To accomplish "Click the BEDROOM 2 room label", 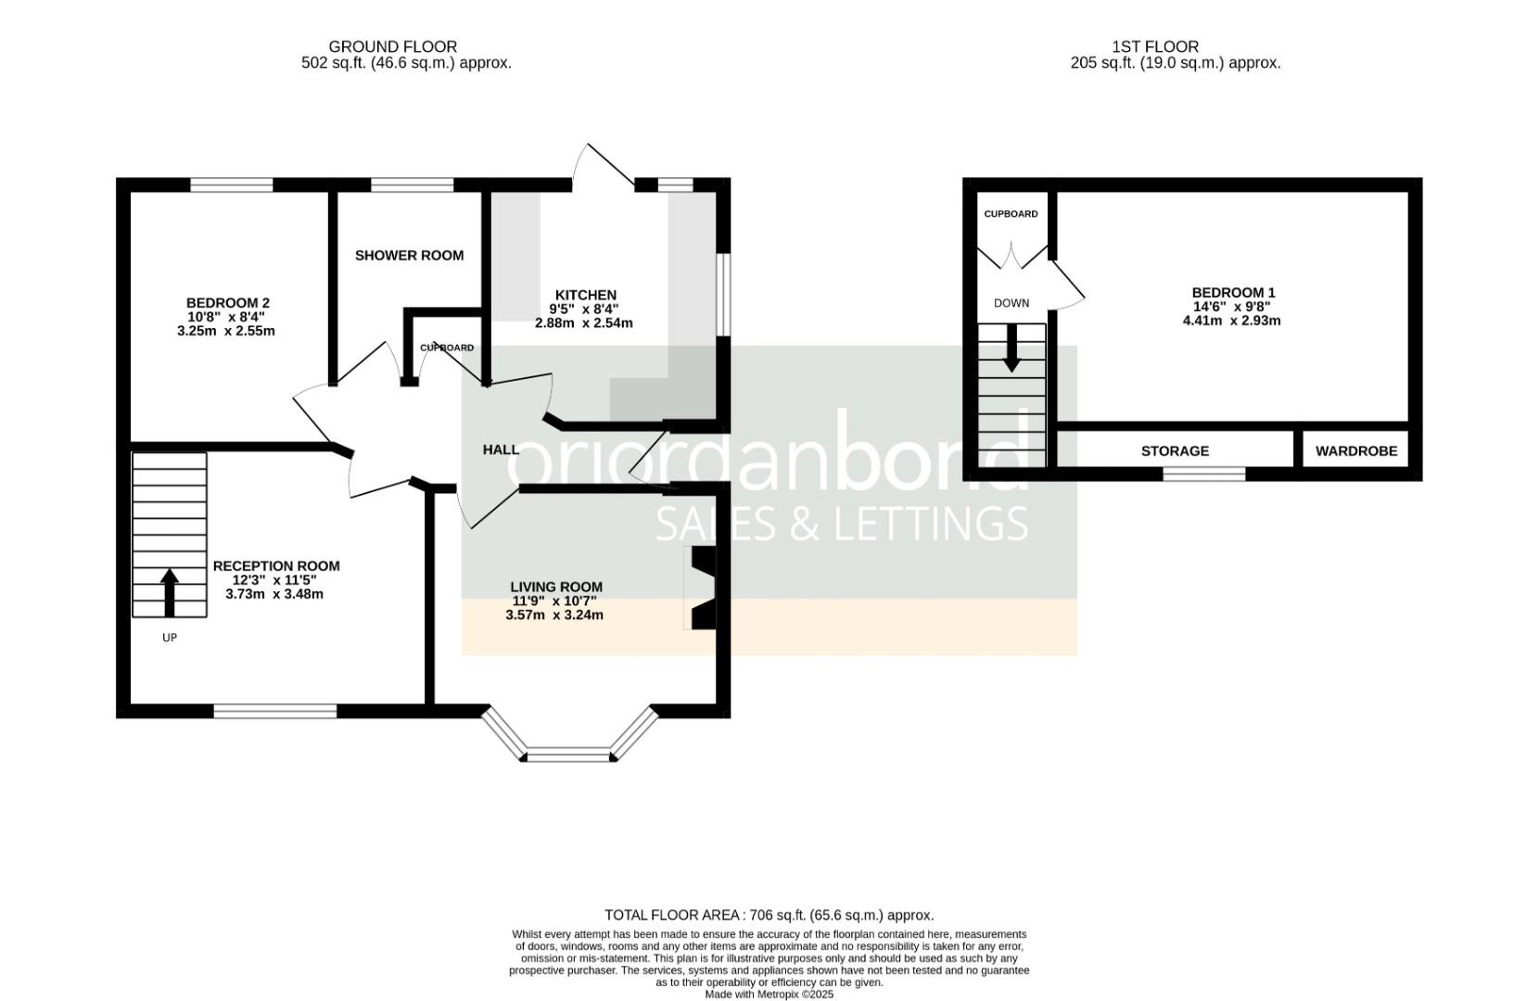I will [x=227, y=303].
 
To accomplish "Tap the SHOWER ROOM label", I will [x=409, y=256].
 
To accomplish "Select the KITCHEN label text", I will [x=585, y=295].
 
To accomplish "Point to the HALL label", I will [x=501, y=450].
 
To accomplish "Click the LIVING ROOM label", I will [x=556, y=587].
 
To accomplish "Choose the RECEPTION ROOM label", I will [x=276, y=566].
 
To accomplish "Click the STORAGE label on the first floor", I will [x=1175, y=451].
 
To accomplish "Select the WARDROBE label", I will [x=1355, y=451].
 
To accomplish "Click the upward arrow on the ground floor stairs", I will [x=169, y=592].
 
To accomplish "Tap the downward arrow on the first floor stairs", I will [x=1011, y=348].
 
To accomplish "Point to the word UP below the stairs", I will [x=170, y=638].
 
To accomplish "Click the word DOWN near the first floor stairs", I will [x=1011, y=303].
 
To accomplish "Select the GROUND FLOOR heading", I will [x=392, y=46].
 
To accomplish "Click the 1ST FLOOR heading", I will [x=1155, y=46].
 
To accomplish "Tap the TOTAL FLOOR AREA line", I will [x=769, y=915].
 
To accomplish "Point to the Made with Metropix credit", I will [x=769, y=994].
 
